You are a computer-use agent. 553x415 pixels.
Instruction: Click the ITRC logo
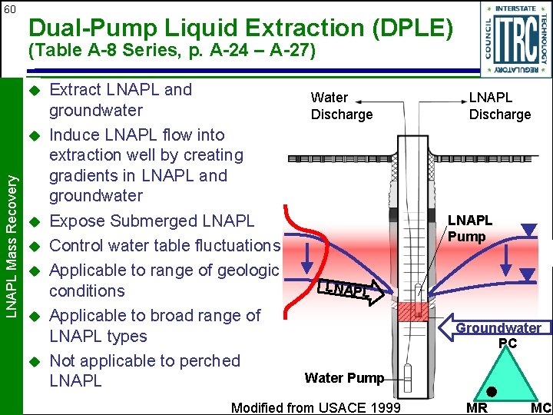click(x=515, y=38)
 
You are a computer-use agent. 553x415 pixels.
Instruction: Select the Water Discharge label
click(x=340, y=106)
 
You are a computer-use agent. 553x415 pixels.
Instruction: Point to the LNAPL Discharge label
click(x=500, y=106)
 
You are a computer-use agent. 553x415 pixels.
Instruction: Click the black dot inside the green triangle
click(x=491, y=391)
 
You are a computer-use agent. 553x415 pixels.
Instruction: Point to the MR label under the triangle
click(x=477, y=407)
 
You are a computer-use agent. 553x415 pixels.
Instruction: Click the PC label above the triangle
click(x=508, y=343)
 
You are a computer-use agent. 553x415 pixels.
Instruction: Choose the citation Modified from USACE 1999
click(x=316, y=407)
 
